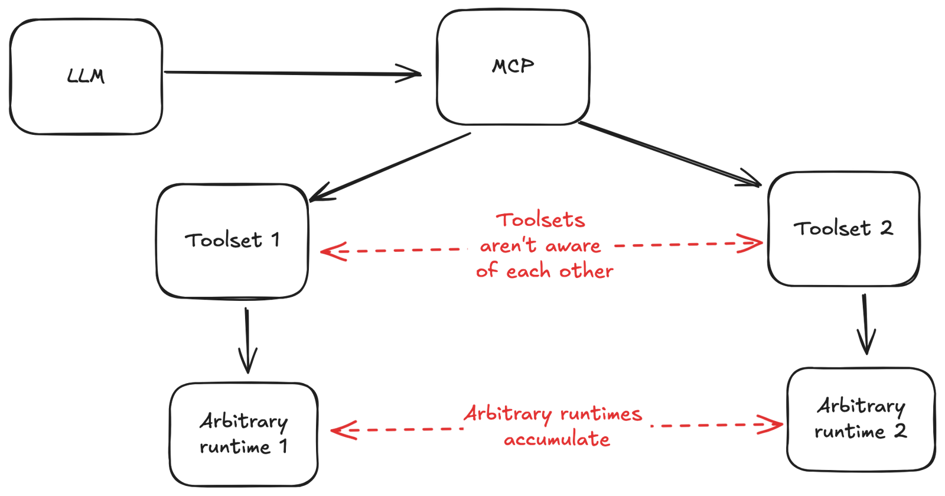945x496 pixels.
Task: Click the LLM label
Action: click(86, 76)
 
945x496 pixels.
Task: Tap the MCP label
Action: click(513, 66)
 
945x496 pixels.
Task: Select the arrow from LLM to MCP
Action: click(292, 73)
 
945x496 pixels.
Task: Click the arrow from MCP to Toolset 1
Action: click(390, 167)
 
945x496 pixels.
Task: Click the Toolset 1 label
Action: click(232, 240)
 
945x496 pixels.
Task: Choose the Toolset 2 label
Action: click(843, 228)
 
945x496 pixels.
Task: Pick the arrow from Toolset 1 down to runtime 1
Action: click(247, 340)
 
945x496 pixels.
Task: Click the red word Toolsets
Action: click(542, 220)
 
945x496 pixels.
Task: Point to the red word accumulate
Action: click(557, 440)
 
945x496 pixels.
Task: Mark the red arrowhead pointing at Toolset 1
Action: click(331, 252)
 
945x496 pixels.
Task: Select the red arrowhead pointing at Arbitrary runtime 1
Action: click(340, 430)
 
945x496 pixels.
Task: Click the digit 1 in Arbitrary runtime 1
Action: click(283, 446)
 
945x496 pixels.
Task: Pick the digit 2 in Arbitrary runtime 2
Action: click(900, 431)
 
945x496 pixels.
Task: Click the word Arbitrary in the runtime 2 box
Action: click(861, 406)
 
